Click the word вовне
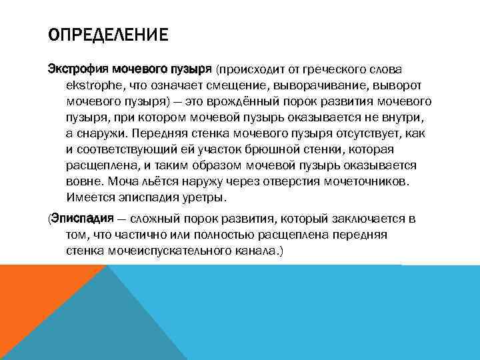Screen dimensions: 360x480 click(83, 180)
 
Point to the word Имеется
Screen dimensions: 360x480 click(90, 197)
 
